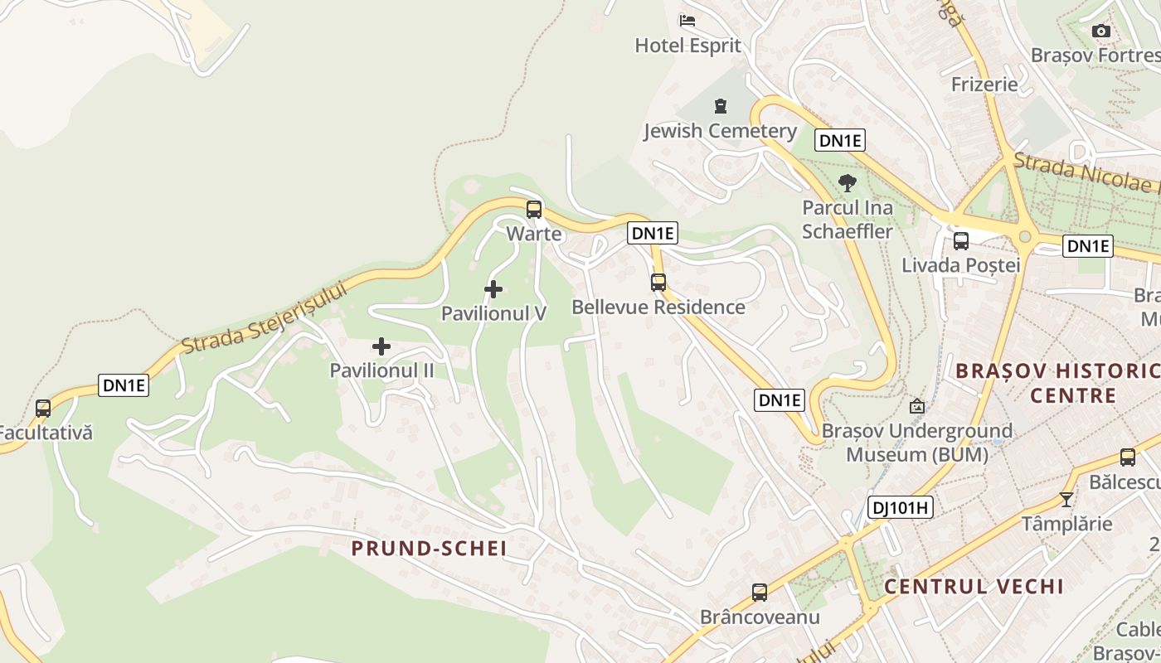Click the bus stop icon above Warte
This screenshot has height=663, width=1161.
(534, 209)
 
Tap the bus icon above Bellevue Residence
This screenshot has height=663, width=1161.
(658, 282)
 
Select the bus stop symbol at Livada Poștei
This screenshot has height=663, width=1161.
(961, 241)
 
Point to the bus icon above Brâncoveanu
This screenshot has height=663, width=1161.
(760, 592)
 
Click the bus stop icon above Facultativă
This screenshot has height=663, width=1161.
(43, 408)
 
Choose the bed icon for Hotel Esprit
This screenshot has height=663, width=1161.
(687, 21)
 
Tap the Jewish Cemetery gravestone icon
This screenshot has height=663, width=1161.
(721, 106)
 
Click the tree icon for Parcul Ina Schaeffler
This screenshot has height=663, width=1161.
(847, 182)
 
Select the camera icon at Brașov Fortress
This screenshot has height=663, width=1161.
(1101, 31)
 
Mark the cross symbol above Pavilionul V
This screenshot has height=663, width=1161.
(493, 289)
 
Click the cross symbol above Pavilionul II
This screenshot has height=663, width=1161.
(381, 346)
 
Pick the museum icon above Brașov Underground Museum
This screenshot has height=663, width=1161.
(917, 406)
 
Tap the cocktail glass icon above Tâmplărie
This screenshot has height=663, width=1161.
(1066, 500)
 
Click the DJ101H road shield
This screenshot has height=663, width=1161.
(901, 507)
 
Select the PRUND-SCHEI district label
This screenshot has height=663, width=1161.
(429, 548)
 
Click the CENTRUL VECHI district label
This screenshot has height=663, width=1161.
(974, 587)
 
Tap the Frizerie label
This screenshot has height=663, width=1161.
(984, 84)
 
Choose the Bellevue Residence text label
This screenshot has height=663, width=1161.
(658, 307)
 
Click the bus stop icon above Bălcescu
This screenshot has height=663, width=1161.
(1128, 457)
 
